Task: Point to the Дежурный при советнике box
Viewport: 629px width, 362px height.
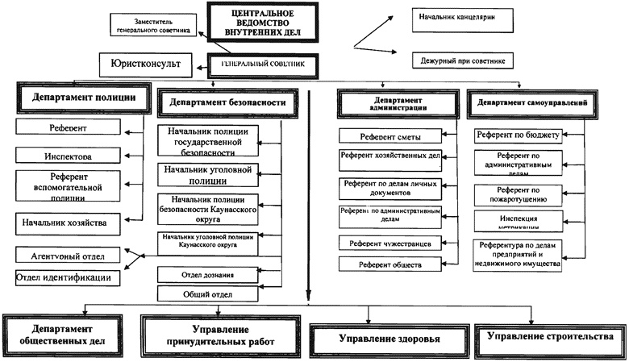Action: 464,60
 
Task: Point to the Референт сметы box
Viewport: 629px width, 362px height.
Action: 391,136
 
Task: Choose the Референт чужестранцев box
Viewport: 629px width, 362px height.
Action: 391,243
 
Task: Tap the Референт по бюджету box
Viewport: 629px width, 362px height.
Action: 518,135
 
